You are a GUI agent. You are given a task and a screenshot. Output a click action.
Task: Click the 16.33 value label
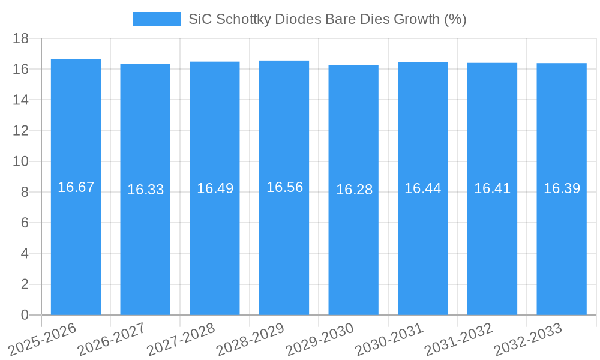point(145,190)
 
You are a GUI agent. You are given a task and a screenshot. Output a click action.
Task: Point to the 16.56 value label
point(284,187)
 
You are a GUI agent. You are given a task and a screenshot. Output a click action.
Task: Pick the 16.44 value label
point(422,188)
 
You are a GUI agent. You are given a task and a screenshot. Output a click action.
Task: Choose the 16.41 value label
point(492,188)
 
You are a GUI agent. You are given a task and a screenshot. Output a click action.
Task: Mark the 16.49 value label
point(215,188)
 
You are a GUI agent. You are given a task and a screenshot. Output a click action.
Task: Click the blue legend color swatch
point(157,19)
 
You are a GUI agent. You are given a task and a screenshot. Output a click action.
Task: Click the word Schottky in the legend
point(244,19)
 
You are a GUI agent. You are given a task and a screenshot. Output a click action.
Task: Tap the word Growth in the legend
point(416,19)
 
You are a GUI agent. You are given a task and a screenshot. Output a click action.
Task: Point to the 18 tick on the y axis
point(20,38)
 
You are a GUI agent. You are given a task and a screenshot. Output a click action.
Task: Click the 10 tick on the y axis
point(20,161)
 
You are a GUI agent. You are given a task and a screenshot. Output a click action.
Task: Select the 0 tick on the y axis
point(25,315)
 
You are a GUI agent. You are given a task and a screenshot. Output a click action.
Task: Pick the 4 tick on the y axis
point(25,253)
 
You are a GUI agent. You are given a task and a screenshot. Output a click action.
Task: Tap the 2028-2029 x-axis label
point(251,339)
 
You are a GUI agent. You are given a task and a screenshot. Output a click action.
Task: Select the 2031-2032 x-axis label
point(459,339)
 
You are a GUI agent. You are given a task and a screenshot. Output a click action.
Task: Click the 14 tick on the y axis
point(20,100)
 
